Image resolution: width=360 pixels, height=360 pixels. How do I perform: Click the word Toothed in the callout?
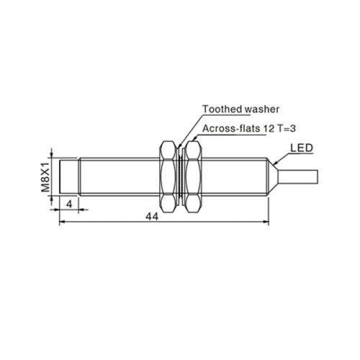tap(222, 109)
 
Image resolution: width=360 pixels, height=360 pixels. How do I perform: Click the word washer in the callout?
tap(262, 109)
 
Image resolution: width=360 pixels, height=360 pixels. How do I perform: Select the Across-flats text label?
tap(231, 129)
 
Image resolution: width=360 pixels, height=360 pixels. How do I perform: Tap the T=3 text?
tap(287, 129)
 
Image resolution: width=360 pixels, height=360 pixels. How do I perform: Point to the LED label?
tap(302, 148)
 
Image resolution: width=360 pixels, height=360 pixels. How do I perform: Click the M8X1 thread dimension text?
tap(45, 177)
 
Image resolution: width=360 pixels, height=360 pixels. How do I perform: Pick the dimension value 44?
tap(153, 217)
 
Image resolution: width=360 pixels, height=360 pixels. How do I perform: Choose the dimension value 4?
tap(69, 204)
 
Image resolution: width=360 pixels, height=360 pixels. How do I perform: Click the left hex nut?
tap(168, 177)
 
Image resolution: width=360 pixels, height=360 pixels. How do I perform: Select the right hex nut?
tap(193, 177)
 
